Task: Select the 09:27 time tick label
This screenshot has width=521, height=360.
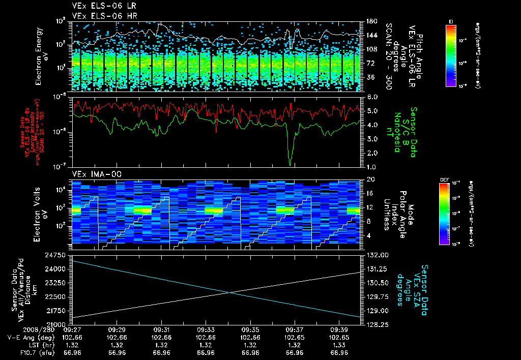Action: (x=72, y=329)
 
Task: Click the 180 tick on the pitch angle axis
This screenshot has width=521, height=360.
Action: (x=370, y=21)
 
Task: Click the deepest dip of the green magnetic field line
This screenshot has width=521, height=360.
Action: (x=290, y=164)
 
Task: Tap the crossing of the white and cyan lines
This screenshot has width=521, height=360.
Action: (x=231, y=292)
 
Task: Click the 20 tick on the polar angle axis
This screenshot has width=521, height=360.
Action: (x=370, y=179)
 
